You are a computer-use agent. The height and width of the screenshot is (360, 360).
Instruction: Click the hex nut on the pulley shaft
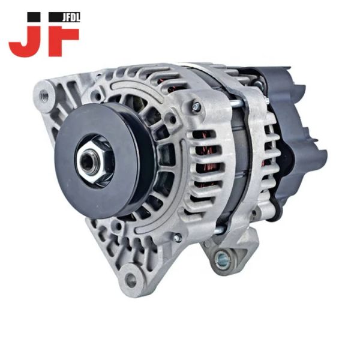click(x=94, y=161)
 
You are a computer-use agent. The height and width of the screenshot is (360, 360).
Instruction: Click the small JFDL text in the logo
click(x=71, y=18)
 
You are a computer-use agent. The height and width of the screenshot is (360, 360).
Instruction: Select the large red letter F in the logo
click(x=64, y=42)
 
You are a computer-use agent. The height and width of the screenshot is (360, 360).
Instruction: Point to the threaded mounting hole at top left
click(x=44, y=94)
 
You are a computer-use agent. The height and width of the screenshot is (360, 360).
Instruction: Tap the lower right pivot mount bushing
click(x=222, y=258)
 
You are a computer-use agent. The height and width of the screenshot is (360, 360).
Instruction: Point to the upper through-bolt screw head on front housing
click(x=197, y=106)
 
